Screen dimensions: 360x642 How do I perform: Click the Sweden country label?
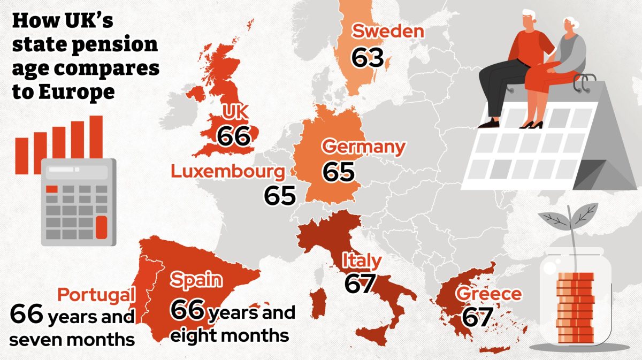388,31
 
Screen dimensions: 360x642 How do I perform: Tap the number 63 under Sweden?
368,57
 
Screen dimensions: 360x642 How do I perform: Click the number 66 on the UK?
234,136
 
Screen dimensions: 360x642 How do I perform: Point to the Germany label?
364,147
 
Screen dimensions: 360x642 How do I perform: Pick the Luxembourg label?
227,172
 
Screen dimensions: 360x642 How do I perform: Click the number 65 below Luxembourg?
279,196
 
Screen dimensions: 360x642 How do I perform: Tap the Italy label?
362,261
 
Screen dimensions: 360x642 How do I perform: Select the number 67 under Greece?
476,317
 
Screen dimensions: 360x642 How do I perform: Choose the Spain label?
196,280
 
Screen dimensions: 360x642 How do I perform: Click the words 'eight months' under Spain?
230,336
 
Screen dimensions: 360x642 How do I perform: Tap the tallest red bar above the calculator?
96,137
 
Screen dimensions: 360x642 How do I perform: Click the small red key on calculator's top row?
52,189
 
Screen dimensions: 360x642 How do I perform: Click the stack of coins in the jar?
575,308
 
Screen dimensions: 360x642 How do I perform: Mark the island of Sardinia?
319,302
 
